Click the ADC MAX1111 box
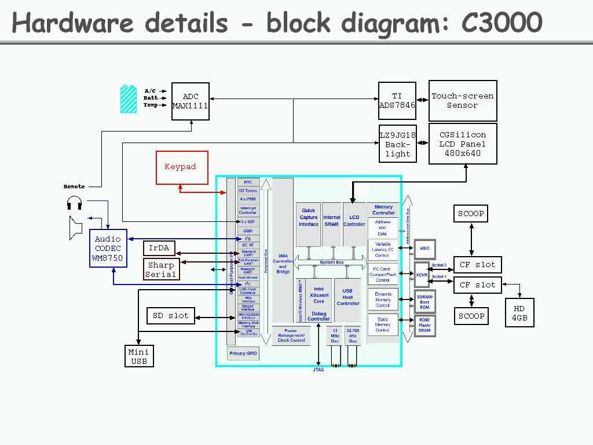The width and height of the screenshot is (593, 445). [191, 101]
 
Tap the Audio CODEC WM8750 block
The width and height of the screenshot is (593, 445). [108, 248]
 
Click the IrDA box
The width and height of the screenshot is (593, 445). [159, 248]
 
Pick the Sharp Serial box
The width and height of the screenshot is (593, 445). [161, 269]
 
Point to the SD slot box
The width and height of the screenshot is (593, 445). [170, 316]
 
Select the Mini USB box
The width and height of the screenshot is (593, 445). [139, 356]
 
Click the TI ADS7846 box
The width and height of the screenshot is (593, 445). [397, 101]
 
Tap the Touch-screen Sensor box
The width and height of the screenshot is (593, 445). [463, 101]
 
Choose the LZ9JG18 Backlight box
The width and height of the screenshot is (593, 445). [398, 144]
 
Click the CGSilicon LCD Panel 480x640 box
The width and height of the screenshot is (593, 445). [463, 143]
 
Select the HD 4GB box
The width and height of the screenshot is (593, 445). [519, 313]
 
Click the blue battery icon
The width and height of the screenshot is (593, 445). [129, 99]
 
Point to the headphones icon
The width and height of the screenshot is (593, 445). [74, 203]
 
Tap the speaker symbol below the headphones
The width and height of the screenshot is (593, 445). [75, 228]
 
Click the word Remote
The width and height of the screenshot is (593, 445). [74, 187]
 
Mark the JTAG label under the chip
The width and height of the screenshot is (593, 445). [319, 370]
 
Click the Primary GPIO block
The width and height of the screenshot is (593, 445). [243, 353]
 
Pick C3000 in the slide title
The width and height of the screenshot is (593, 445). [502, 23]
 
